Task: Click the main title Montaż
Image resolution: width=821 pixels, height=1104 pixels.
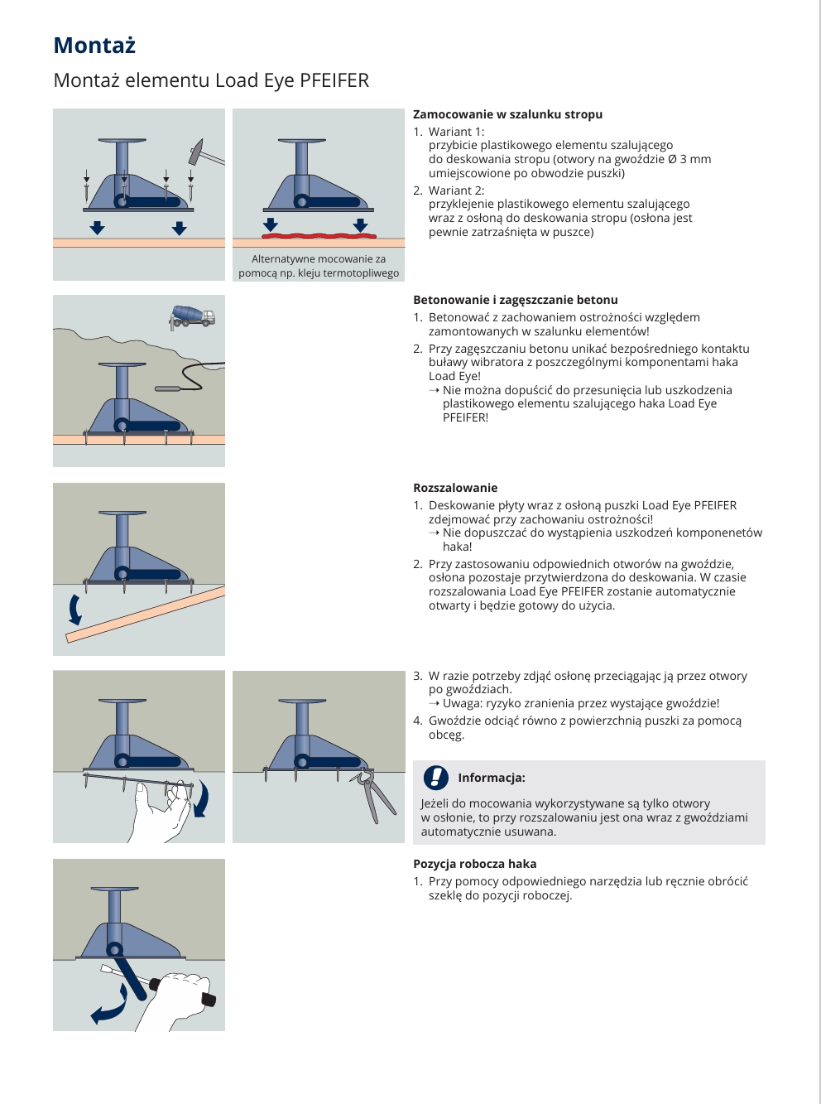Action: [94, 46]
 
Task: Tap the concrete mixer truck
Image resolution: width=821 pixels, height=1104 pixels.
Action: [191, 317]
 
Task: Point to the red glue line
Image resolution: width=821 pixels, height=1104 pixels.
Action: [319, 236]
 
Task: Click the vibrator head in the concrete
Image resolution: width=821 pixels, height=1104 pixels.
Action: [169, 388]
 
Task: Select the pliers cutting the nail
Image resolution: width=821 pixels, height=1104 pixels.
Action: [373, 795]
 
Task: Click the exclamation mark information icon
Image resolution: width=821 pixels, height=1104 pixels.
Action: [436, 777]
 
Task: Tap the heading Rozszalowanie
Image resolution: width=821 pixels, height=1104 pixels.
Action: [455, 488]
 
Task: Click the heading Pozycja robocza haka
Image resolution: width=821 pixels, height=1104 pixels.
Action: [475, 864]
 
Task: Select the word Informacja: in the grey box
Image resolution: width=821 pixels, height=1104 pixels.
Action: [492, 778]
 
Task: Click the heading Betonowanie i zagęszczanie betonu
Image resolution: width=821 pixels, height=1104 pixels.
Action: [516, 300]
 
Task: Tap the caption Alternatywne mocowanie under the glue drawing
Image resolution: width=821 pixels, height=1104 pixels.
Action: [319, 259]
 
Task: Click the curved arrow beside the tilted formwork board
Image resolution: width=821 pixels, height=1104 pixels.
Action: [75, 609]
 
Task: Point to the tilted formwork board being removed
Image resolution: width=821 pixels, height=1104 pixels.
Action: [146, 615]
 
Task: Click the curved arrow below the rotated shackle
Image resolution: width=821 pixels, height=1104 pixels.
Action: [109, 1004]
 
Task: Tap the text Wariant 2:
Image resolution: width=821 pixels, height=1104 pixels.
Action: [456, 190]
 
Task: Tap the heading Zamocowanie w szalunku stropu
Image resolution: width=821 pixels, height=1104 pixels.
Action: [507, 114]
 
